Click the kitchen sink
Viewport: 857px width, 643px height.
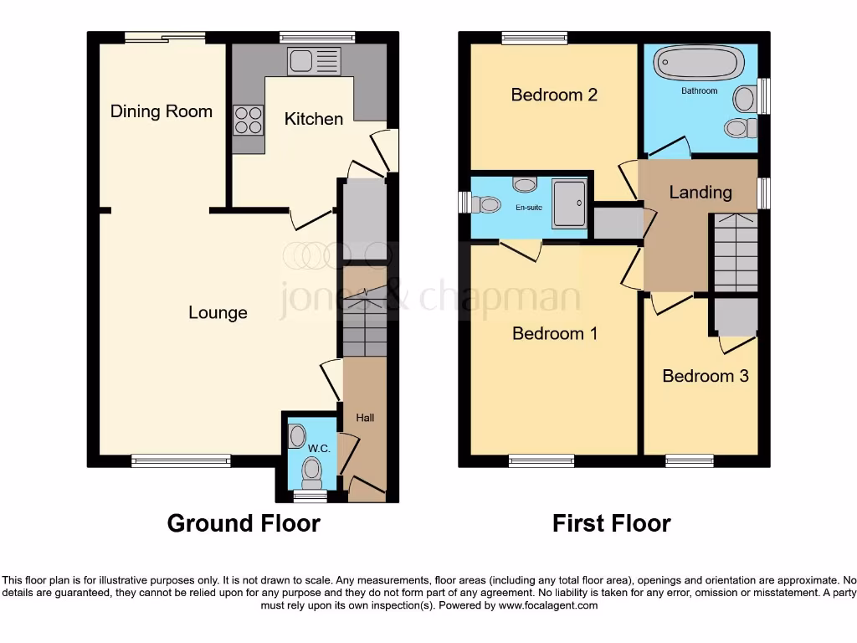pos(314,60)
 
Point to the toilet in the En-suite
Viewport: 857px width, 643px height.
pos(486,203)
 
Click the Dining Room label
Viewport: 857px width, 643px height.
pos(162,111)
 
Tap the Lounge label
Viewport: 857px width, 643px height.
pos(218,313)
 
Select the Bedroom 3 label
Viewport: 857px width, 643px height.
pos(705,376)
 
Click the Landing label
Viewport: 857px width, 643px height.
pos(700,193)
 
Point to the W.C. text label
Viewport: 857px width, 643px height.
pos(319,449)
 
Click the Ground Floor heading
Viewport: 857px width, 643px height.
pos(244,524)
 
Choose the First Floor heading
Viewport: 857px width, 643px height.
pos(611,524)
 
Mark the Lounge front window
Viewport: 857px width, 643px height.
pos(181,460)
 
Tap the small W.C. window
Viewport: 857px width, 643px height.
pos(310,497)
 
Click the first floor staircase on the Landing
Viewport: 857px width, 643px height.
pos(734,252)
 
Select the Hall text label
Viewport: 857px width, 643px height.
pos(366,418)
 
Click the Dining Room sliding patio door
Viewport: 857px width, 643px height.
pos(164,37)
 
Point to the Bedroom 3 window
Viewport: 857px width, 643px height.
pos(690,460)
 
